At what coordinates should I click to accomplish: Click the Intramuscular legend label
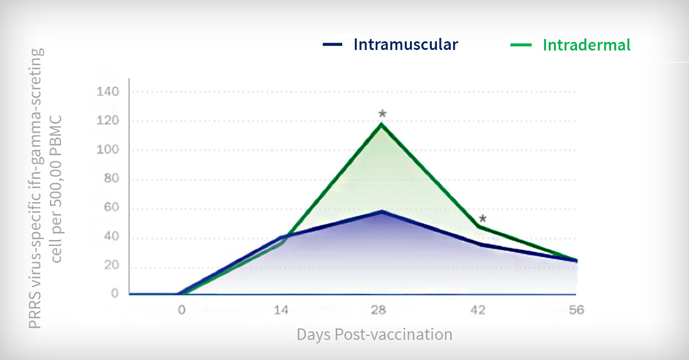(x=406, y=45)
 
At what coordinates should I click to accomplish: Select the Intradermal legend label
(x=587, y=45)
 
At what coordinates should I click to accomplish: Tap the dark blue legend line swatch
(x=332, y=45)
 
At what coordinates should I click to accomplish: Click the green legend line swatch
(x=521, y=45)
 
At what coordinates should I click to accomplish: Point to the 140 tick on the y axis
(x=108, y=92)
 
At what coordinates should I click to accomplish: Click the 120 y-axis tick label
(x=108, y=121)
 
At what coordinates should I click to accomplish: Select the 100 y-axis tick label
(x=108, y=150)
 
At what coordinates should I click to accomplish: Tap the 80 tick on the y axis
(x=111, y=179)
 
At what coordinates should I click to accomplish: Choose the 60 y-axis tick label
(x=111, y=207)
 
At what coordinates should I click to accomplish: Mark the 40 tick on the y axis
(x=111, y=237)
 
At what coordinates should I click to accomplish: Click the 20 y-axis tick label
(x=111, y=265)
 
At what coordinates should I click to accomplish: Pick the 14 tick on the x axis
(x=281, y=310)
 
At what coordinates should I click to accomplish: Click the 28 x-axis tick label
(x=378, y=310)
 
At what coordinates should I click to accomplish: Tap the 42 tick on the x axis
(x=478, y=310)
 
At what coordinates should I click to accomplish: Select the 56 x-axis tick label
(x=576, y=310)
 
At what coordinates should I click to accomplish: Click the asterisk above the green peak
(x=382, y=114)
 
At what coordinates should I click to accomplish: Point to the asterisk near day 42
(x=483, y=219)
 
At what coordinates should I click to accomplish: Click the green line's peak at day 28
(x=381, y=124)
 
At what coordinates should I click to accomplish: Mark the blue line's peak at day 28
(x=381, y=212)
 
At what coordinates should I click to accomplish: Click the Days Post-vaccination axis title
(x=374, y=335)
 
